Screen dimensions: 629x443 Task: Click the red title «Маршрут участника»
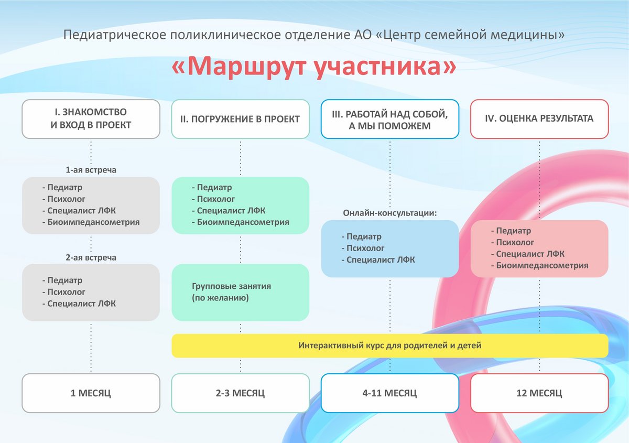(313, 67)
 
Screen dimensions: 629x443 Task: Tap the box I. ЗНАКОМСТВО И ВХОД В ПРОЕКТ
(91, 119)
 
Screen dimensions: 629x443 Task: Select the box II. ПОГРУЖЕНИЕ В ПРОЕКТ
(241, 119)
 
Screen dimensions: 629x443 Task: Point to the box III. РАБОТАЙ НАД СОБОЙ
(390, 119)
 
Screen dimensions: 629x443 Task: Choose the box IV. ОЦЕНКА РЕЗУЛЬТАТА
(539, 119)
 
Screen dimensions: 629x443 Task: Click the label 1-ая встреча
(91, 170)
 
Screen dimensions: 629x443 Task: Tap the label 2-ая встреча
(91, 257)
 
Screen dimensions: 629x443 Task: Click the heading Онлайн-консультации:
(390, 213)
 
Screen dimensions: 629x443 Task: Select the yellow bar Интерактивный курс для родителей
(390, 345)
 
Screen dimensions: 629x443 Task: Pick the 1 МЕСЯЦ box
(91, 393)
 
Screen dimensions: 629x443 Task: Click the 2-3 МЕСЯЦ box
(241, 393)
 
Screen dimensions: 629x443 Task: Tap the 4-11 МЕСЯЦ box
(390, 393)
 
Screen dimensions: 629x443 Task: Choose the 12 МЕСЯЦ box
(539, 393)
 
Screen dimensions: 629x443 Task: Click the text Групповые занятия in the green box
(231, 286)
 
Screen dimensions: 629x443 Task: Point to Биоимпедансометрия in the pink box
(542, 265)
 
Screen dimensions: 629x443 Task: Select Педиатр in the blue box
(364, 236)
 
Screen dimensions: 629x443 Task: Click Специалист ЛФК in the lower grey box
(81, 304)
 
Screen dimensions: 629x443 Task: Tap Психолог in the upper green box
(215, 199)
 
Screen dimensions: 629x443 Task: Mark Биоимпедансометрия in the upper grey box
(93, 222)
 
